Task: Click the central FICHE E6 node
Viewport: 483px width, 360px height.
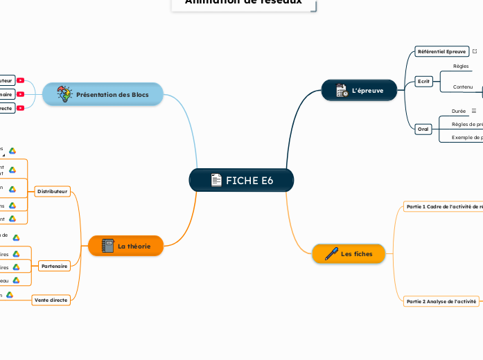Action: (241, 181)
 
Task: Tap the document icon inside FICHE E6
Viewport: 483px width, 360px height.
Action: (216, 181)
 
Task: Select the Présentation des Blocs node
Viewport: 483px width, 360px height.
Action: (103, 94)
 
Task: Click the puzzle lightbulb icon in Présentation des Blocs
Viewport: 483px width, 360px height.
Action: (64, 94)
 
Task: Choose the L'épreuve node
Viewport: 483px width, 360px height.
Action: (360, 91)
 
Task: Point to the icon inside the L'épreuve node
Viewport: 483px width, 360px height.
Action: (342, 91)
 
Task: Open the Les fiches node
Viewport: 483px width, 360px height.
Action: (349, 254)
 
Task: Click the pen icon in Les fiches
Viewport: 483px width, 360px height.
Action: (331, 254)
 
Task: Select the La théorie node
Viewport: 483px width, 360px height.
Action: (125, 246)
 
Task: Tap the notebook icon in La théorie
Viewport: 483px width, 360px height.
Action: (108, 246)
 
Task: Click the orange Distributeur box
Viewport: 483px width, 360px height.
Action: (53, 190)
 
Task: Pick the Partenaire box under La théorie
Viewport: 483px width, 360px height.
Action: (54, 266)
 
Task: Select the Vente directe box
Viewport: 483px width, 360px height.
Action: (51, 300)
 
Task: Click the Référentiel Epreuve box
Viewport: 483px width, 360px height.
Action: (441, 51)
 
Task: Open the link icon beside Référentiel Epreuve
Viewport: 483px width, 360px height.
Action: (475, 51)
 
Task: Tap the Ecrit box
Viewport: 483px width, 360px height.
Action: (423, 81)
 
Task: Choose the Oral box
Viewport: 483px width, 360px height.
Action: (423, 129)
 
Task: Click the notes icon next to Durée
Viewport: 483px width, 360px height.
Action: (474, 111)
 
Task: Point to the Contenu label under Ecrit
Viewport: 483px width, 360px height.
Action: (462, 87)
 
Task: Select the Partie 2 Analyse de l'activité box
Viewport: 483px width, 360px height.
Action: (441, 301)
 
